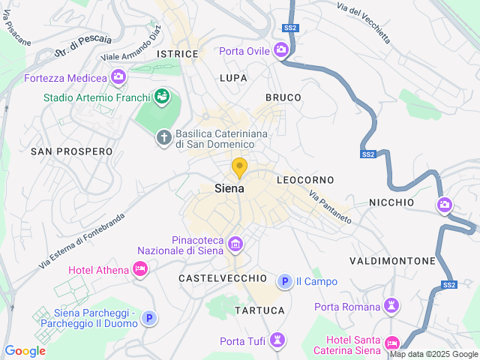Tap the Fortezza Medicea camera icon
tap(118, 76)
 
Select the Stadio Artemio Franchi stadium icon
tap(161, 96)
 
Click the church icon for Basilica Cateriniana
tap(163, 137)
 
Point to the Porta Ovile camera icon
tap(282, 51)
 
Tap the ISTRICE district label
tap(178, 54)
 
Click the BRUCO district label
tap(283, 97)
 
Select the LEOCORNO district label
tap(304, 181)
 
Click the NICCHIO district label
tap(391, 202)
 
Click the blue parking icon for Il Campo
tap(284, 282)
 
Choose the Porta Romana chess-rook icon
tap(390, 305)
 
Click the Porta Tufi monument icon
tap(278, 341)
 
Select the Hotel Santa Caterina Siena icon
tap(391, 343)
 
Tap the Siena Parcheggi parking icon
tap(149, 318)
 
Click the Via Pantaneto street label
tap(330, 206)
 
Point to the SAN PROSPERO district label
tap(71, 151)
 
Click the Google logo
tap(25, 350)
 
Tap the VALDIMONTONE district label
tap(392, 261)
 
